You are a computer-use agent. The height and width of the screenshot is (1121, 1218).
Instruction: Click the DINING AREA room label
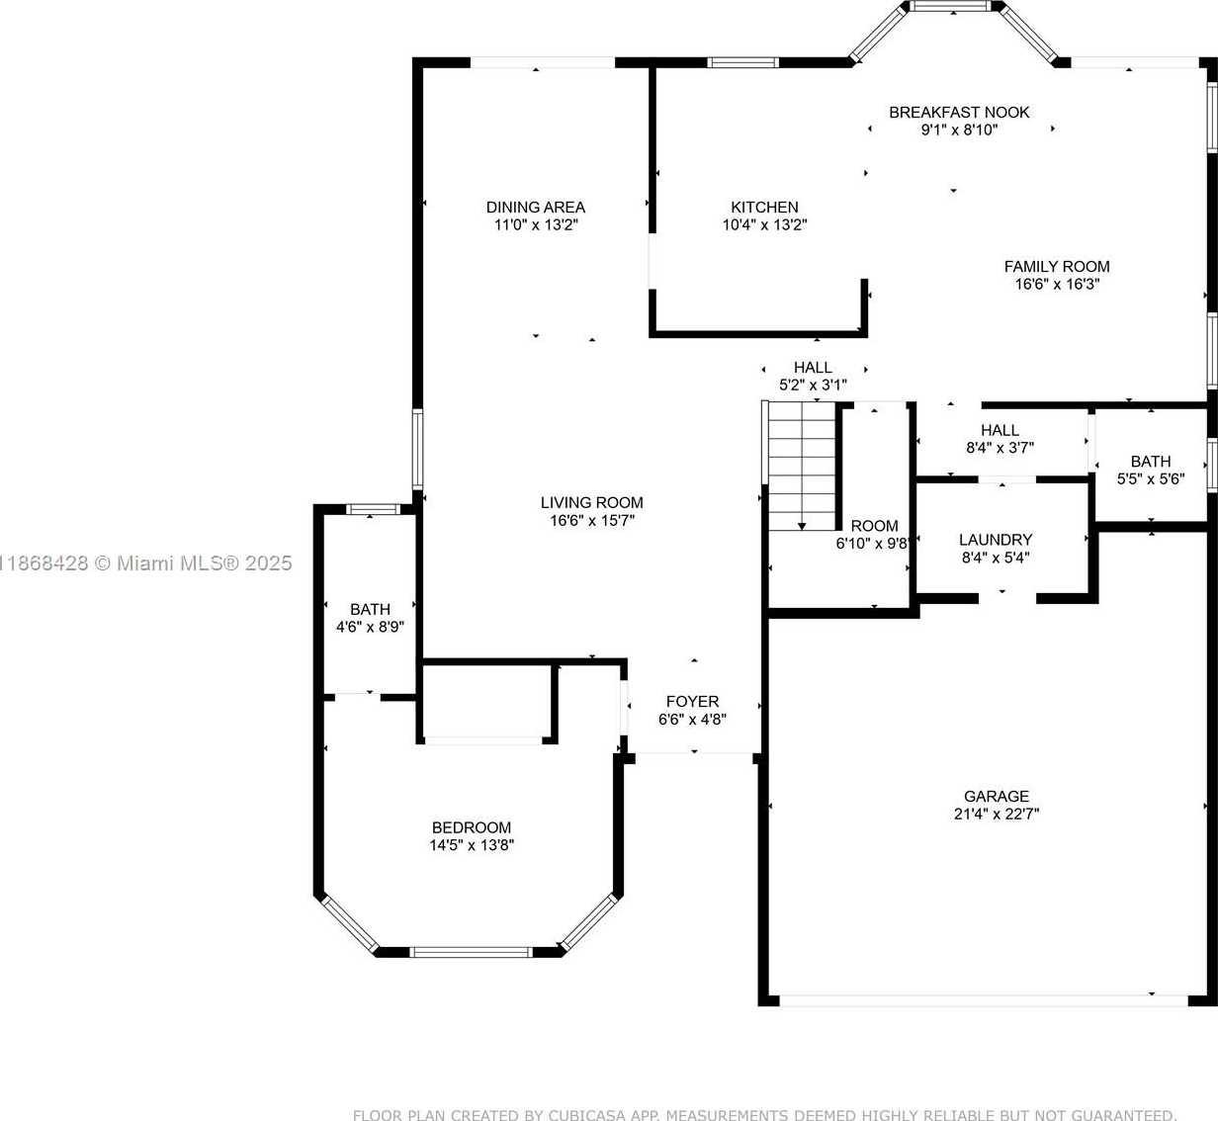click(x=536, y=207)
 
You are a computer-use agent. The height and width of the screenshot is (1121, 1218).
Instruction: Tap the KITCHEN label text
click(x=764, y=207)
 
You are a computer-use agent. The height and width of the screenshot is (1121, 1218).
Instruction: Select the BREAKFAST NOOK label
click(x=959, y=113)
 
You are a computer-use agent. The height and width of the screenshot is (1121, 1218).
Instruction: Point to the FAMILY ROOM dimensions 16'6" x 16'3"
click(x=1057, y=284)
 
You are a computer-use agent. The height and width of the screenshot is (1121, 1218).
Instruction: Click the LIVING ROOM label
click(x=592, y=503)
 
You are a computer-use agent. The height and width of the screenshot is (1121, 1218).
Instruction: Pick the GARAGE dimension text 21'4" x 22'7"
click(x=997, y=814)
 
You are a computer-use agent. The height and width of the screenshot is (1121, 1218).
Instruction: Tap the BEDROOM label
click(x=472, y=827)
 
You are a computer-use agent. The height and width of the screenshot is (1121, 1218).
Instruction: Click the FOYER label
click(x=692, y=702)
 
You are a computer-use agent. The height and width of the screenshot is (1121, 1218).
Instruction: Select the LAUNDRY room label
click(x=996, y=540)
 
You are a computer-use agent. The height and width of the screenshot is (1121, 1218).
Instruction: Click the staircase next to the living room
click(x=802, y=467)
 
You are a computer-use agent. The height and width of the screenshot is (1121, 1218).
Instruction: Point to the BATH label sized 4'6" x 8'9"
click(x=371, y=609)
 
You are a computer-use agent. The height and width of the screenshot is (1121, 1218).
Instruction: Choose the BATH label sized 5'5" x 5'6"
click(x=1151, y=462)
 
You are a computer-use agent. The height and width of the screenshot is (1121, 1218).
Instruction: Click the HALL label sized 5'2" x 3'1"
click(x=813, y=368)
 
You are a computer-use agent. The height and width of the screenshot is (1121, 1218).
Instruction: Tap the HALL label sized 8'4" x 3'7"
click(x=1000, y=431)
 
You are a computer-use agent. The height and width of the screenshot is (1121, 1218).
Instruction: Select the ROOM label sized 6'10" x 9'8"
click(x=874, y=526)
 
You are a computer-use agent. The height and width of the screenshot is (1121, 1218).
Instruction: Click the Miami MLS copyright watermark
click(x=145, y=562)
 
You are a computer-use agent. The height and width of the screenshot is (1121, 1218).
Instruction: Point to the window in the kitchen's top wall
click(x=743, y=62)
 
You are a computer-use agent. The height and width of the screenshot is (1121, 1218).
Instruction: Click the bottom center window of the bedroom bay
click(x=471, y=952)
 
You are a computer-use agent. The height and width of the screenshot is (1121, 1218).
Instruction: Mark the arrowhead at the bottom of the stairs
click(x=802, y=527)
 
